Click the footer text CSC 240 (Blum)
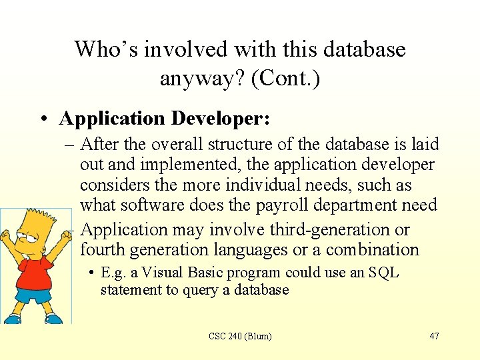(x=240, y=336)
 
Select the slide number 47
(x=434, y=336)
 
